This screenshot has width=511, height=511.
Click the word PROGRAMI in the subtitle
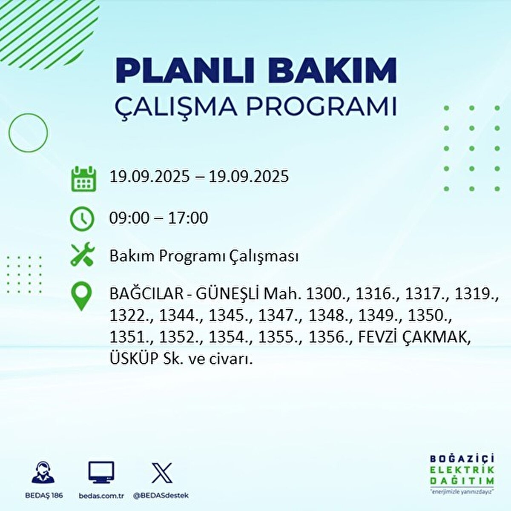tap(322, 106)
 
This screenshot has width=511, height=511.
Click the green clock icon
tap(82, 218)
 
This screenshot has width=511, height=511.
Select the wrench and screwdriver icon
tap(82, 255)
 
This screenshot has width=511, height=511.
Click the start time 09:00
tap(129, 218)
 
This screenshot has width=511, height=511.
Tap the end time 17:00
tap(188, 218)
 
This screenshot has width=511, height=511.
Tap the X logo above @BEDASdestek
tap(162, 473)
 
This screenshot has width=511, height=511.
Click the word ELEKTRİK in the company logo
tap(462, 470)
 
